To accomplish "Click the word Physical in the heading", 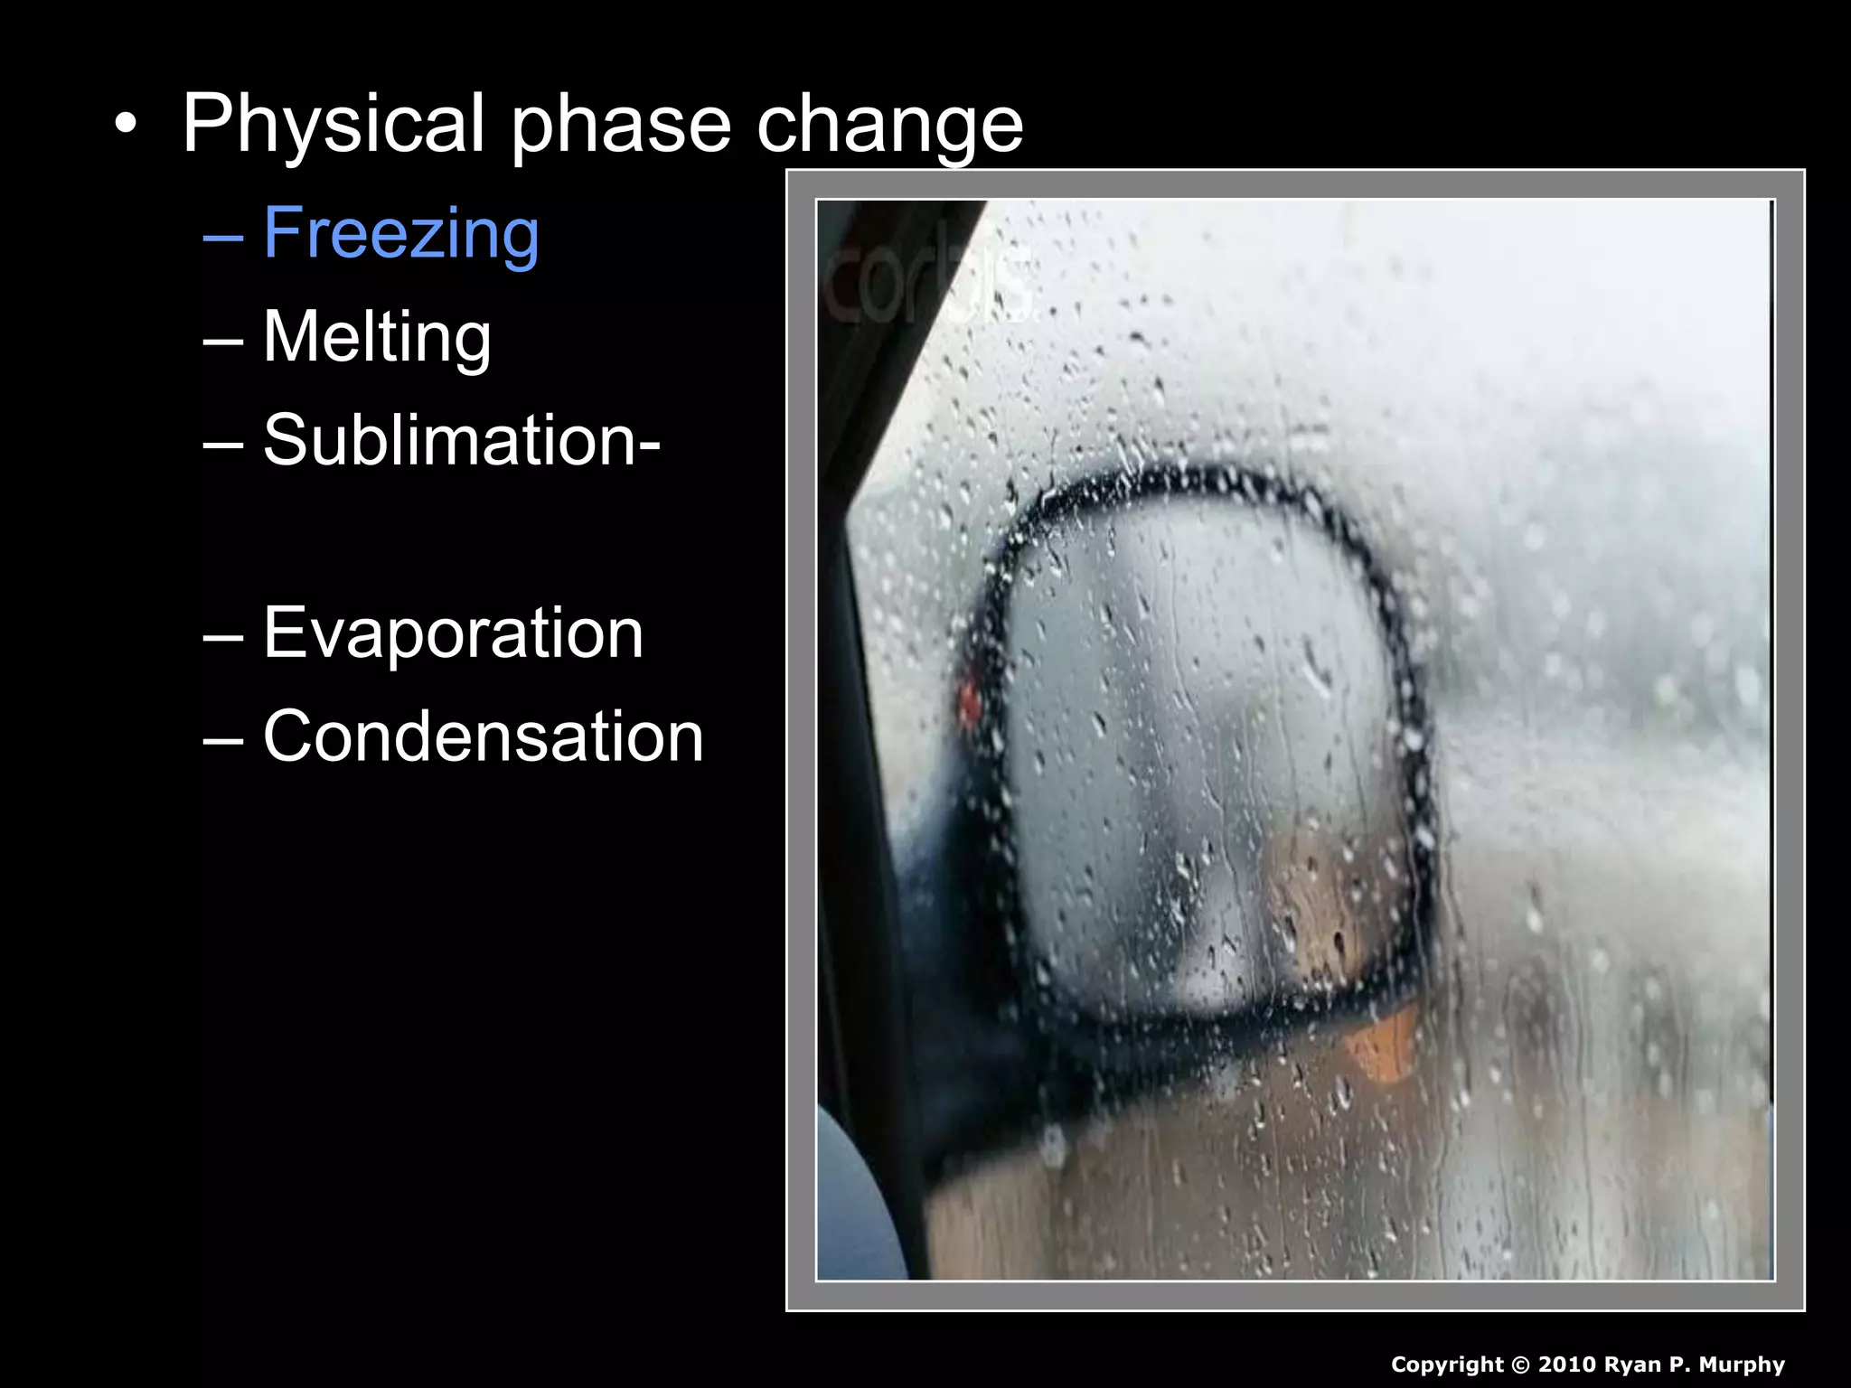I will (x=335, y=125).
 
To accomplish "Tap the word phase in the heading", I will (x=621, y=125).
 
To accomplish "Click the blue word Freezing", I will (x=401, y=234).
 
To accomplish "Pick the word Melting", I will (x=377, y=337).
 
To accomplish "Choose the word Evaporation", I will (x=453, y=633).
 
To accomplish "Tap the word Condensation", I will (x=483, y=736).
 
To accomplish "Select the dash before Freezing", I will (x=223, y=237).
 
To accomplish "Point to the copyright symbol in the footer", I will (x=1520, y=1365).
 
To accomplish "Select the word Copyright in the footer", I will (x=1446, y=1365).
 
